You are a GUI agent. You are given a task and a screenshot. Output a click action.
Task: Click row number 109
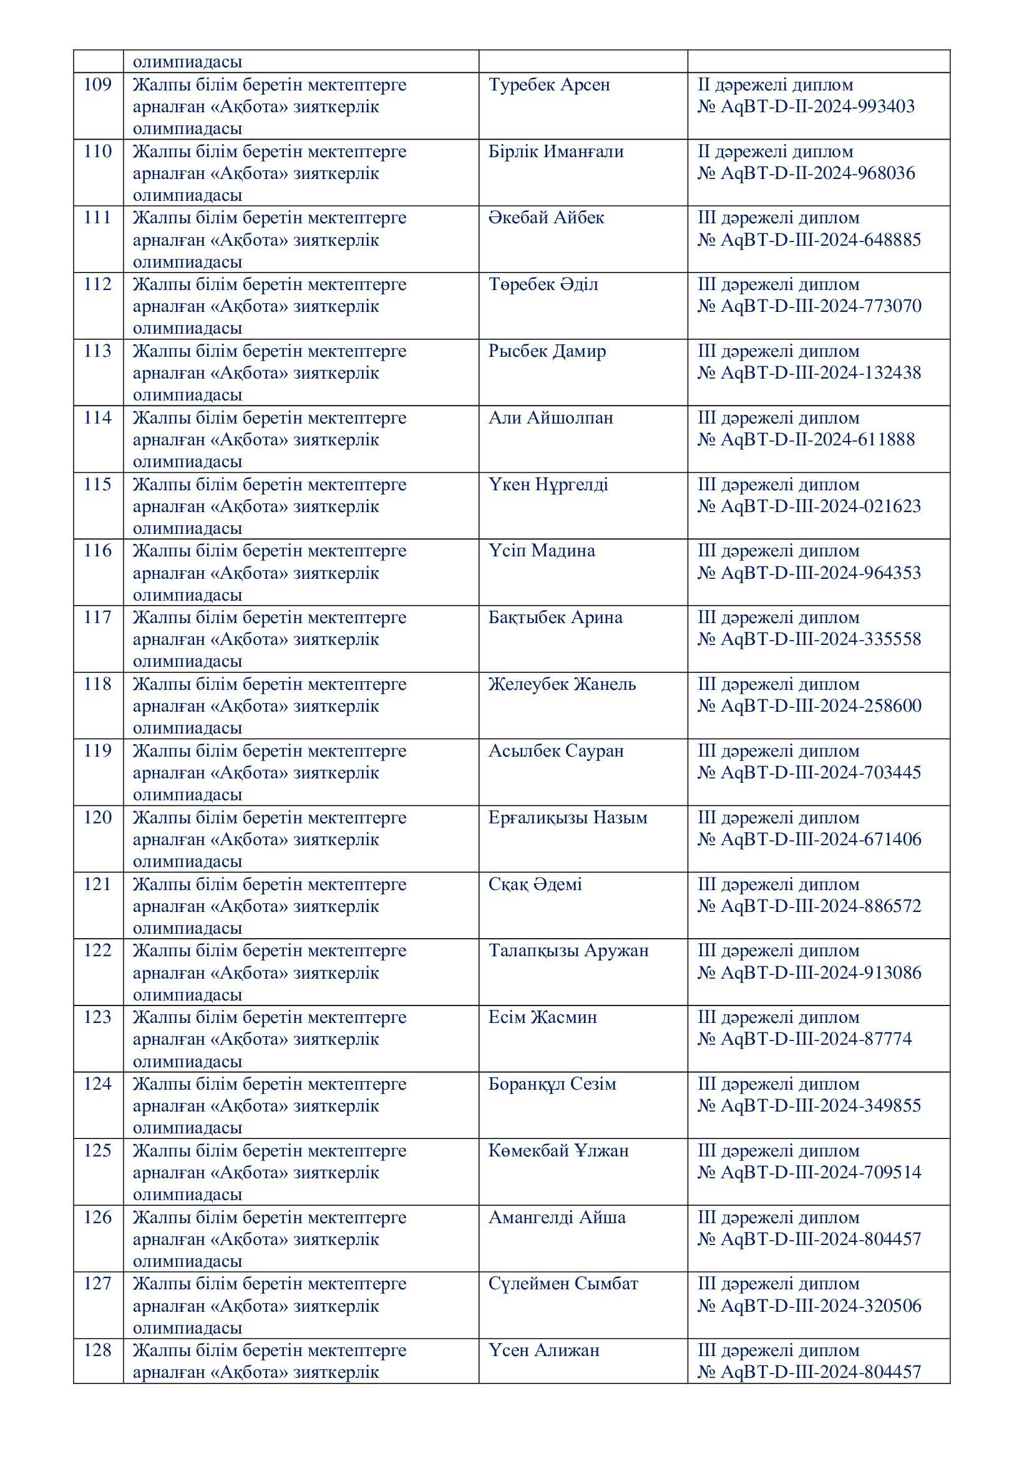click(x=97, y=84)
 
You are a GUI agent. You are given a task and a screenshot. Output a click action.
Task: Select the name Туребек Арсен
click(x=548, y=84)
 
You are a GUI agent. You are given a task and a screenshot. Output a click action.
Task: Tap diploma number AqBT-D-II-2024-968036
click(x=806, y=173)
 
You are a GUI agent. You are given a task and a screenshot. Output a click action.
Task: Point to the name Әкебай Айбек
click(x=546, y=218)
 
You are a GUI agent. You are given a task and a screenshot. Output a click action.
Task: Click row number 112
click(x=97, y=284)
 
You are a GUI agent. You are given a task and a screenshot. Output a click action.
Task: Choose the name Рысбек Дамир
click(x=547, y=351)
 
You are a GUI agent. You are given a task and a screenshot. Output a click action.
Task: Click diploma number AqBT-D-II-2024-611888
click(x=806, y=440)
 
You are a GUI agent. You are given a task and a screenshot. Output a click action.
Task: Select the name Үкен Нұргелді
click(x=548, y=485)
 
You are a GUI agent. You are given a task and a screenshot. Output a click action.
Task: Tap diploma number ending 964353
click(x=809, y=573)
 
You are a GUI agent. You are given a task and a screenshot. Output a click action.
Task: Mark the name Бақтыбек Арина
click(x=555, y=618)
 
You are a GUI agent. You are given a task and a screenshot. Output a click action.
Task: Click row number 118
click(x=97, y=684)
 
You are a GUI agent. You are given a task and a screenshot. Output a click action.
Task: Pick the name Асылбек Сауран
click(x=555, y=751)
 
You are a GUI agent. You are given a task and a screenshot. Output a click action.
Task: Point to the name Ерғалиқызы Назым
click(x=567, y=818)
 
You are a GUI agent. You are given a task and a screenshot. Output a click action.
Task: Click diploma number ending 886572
click(x=809, y=906)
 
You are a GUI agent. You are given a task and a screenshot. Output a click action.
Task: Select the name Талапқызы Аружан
click(x=568, y=951)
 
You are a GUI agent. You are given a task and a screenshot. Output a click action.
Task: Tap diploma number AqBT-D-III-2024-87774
click(x=804, y=1039)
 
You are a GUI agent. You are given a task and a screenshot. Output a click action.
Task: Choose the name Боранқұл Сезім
click(x=552, y=1084)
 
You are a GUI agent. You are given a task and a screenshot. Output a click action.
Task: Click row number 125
click(x=97, y=1151)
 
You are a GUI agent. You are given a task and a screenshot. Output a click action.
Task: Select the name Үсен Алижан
click(x=543, y=1350)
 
